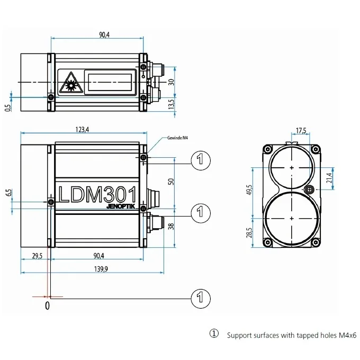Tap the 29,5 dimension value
pos(37,256)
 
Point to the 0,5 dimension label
pos(7,107)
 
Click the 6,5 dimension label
pos(8,193)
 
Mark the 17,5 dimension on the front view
pos(301,130)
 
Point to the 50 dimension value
pos(170,181)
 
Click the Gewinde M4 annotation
pos(177,137)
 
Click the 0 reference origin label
pos(47,305)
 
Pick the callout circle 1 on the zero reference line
pos(200,298)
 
